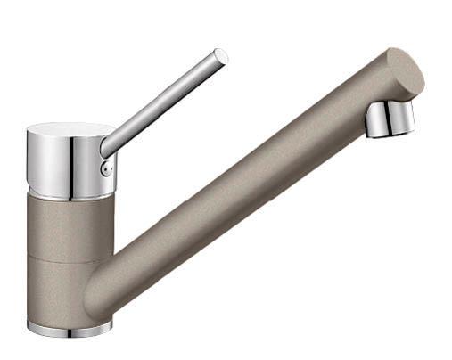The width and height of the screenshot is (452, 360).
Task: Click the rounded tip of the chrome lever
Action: click(x=220, y=56)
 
